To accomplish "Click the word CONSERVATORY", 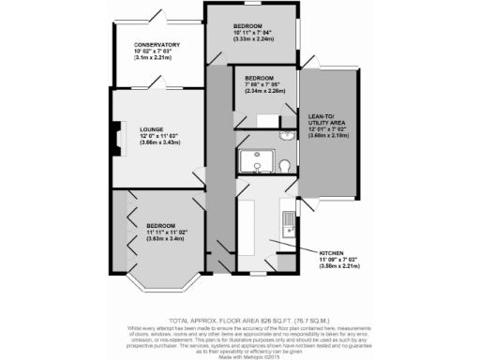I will tap(157, 45).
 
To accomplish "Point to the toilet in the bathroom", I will tap(282, 166).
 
